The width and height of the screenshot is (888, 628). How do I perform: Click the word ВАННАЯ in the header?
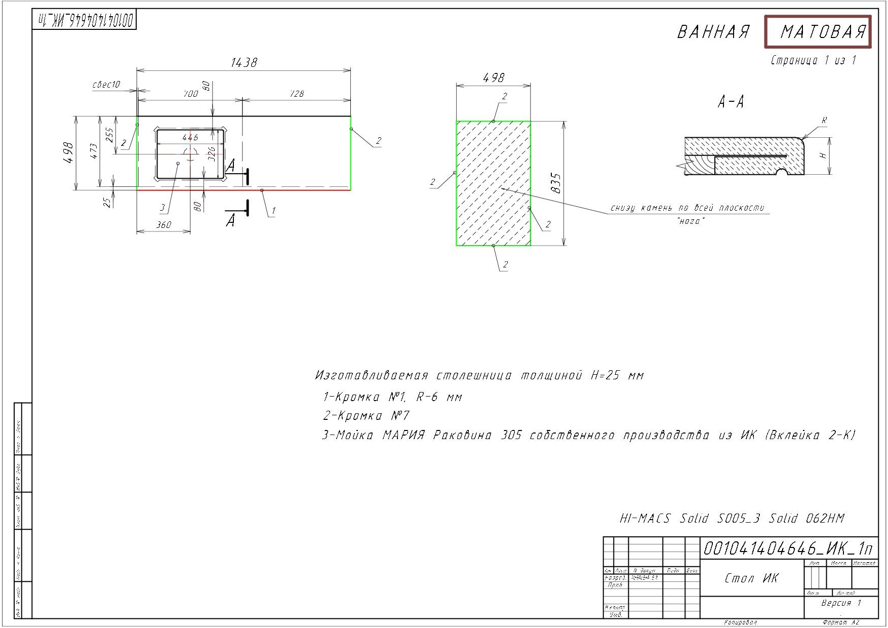click(713, 32)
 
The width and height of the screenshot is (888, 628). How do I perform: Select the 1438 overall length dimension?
click(244, 62)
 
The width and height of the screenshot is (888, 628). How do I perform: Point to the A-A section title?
click(731, 103)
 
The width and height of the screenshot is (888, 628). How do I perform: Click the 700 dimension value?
click(190, 94)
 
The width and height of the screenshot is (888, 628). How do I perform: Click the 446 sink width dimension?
click(190, 137)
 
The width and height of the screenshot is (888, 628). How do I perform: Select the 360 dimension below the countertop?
click(164, 225)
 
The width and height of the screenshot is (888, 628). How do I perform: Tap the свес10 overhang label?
click(106, 85)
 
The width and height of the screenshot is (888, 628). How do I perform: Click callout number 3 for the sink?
click(163, 207)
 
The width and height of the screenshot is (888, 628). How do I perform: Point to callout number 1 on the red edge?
click(273, 210)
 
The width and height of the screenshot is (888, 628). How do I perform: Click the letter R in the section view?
click(824, 121)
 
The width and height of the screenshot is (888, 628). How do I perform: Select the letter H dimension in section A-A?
click(824, 155)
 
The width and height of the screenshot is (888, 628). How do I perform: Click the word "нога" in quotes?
click(691, 221)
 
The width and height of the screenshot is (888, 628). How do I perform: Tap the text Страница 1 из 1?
click(813, 61)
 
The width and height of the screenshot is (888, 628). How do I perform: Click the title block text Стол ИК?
click(751, 578)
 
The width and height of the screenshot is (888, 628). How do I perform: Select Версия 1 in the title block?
click(841, 603)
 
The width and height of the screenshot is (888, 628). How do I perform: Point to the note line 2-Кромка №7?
click(366, 416)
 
